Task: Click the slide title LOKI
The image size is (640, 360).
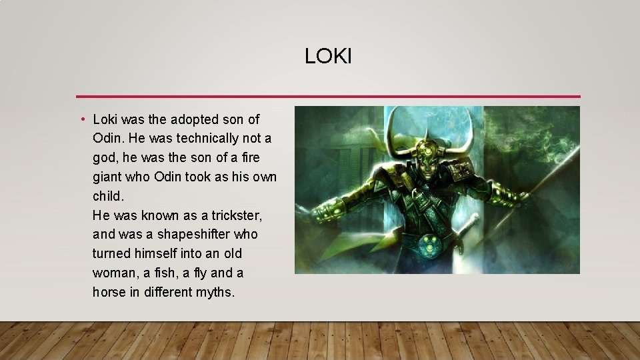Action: point(328,57)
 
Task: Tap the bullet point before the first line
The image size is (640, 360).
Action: point(81,120)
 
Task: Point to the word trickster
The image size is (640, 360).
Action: point(237,215)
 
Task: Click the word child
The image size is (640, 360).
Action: point(109,197)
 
